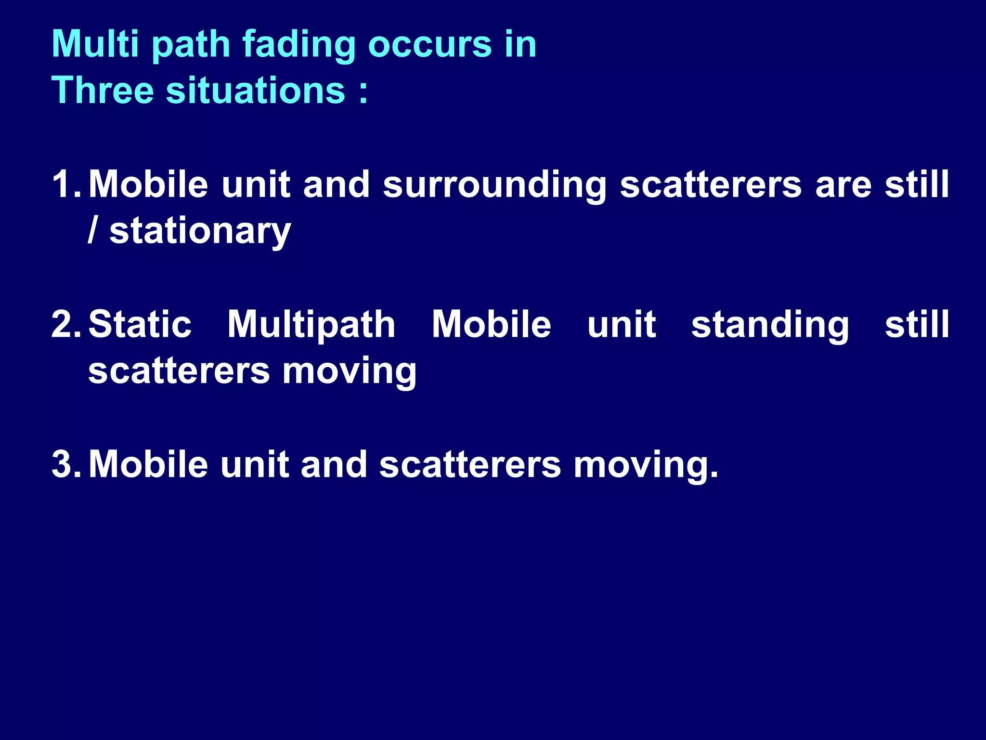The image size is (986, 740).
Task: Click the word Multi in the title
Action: coord(95,44)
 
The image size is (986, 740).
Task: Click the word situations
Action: coord(256,90)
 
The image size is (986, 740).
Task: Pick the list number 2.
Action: coord(65,324)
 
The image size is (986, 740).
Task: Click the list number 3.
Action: coord(65,464)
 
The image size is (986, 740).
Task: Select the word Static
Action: coord(140,324)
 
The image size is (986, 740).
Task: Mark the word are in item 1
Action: coord(843,185)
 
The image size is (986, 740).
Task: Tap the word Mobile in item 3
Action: coord(148,464)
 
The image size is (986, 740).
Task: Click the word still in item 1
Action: coord(917,184)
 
